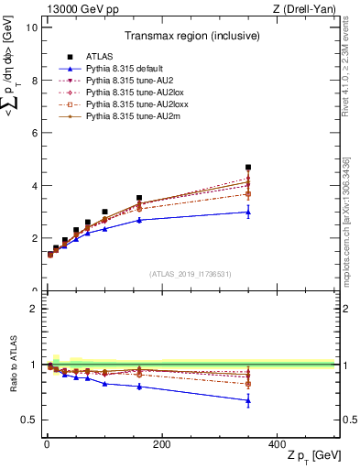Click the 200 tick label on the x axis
pyautogui.click(x=161, y=444)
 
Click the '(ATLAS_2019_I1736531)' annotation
pyautogui.click(x=190, y=274)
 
